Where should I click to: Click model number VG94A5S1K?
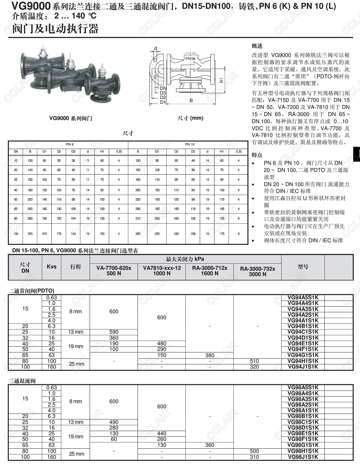(303, 298)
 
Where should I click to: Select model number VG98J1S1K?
(303, 457)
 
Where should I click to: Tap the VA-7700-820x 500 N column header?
(114, 271)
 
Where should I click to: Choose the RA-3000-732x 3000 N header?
(257, 271)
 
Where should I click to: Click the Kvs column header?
(51, 267)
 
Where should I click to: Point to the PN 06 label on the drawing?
(190, 59)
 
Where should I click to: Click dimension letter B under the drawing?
(191, 100)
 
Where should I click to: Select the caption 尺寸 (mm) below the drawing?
(191, 118)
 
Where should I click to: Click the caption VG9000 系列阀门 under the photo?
(71, 118)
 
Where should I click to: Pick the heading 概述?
(257, 46)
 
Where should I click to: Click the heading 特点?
(257, 155)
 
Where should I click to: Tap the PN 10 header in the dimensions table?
(190, 144)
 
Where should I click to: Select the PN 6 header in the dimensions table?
(70, 144)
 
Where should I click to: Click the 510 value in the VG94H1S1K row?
(254, 361)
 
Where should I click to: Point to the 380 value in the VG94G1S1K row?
(210, 356)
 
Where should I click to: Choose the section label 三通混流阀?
(22, 381)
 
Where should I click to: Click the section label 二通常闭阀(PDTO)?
(31, 291)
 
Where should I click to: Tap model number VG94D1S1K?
(303, 338)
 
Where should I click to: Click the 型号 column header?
(303, 267)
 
